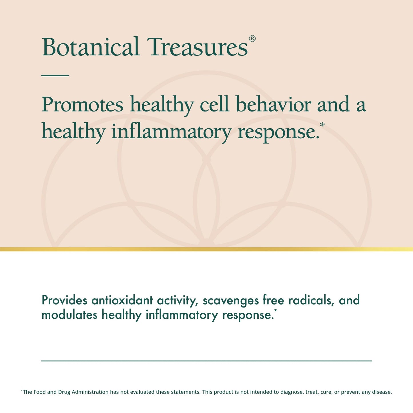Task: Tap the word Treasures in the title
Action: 197,47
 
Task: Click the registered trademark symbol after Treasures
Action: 252,39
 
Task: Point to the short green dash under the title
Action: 55,75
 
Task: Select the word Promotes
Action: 82,105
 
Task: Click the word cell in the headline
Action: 214,104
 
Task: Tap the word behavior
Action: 273,104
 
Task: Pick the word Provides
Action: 64,300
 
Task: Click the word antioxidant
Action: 122,300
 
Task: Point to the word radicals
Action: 311,300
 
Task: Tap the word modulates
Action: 69,315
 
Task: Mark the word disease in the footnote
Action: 382,392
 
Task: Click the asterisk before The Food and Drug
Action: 22,390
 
